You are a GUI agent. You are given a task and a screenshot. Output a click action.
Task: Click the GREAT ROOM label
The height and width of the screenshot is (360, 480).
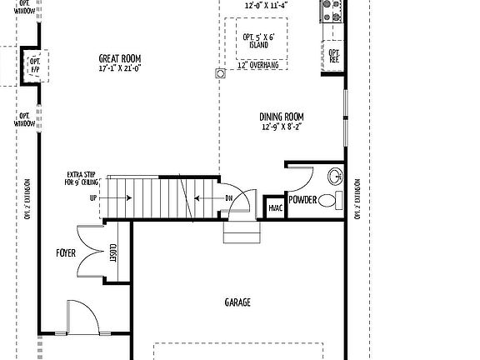pos(121,57)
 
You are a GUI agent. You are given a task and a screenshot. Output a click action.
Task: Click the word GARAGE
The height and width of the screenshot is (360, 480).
pos(237,302)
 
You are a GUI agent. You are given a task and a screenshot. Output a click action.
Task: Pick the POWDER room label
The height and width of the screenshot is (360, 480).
pos(302,201)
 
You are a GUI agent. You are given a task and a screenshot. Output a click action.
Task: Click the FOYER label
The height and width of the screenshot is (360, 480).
pos(66,252)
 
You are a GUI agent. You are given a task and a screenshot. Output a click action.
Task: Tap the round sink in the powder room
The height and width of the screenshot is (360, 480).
pos(333,176)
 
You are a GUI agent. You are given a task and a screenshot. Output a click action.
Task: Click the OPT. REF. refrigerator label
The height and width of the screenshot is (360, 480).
pos(334,57)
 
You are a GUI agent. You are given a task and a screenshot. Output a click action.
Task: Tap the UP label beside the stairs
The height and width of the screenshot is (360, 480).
pos(92,198)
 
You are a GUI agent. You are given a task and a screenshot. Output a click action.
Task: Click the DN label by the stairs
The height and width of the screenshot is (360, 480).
pos(228,198)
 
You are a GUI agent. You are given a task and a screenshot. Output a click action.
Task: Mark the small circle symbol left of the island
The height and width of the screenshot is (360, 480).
pos(221,74)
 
